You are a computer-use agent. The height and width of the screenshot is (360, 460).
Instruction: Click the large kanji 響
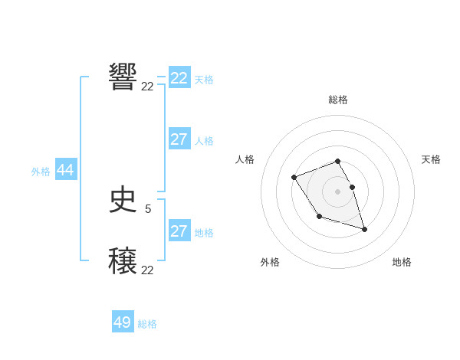pos(123,77)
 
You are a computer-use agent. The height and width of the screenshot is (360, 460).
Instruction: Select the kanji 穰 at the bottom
pos(123,261)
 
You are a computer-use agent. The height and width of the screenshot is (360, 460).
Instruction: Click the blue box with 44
pos(66,171)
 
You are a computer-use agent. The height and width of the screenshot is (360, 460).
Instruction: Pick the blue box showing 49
pos(123,322)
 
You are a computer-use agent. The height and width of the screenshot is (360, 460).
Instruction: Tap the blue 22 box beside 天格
pos(179,78)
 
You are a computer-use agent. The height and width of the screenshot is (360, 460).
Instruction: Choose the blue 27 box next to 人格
pos(179,139)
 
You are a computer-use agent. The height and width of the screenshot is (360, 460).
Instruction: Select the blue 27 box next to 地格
pos(179,231)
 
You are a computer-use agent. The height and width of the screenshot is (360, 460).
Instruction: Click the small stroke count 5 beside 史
pos(148,208)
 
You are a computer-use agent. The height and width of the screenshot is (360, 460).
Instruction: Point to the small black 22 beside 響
pos(147,87)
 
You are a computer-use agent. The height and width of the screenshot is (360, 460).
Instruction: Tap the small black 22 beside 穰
pos(147,270)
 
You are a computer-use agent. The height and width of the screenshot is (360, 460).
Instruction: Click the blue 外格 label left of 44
pos(41,172)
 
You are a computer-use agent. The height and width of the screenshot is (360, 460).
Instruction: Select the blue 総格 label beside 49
pos(147,324)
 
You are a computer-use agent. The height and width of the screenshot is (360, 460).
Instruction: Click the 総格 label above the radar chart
pos(338,100)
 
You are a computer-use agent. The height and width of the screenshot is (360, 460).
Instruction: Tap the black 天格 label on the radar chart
pos(431,159)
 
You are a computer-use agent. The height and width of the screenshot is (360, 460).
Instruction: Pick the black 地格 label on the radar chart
pos(402,262)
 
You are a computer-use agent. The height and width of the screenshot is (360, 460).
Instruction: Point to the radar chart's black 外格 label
pos(270,262)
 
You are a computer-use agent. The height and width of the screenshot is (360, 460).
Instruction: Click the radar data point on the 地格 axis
pos(364,229)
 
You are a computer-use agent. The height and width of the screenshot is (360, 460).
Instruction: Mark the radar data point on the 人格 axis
pos(294,178)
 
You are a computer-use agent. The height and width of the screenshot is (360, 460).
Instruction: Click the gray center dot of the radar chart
pos(337,191)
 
